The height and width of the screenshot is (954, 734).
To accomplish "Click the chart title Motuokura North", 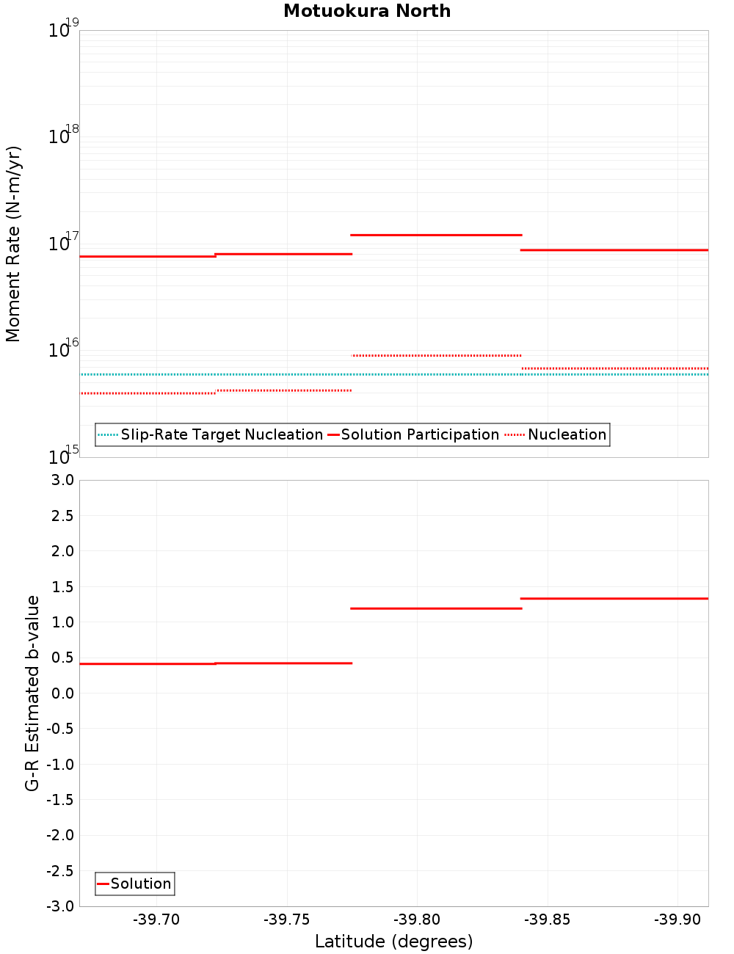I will tap(367, 11).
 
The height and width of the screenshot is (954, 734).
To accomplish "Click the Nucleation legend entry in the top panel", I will tap(557, 435).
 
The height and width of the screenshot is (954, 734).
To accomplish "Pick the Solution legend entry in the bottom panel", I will tap(135, 884).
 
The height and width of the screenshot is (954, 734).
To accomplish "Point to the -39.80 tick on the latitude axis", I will tap(417, 920).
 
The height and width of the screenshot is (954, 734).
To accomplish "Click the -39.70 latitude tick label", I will tap(156, 920).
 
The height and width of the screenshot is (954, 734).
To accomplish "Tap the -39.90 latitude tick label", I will tap(677, 920).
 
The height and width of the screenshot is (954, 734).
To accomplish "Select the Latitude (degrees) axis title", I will tap(393, 942).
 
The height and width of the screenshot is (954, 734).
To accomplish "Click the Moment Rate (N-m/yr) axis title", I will tap(13, 244).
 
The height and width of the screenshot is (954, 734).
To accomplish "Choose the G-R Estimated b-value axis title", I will tap(32, 693).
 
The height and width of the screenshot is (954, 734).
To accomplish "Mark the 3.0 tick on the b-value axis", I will tap(62, 481).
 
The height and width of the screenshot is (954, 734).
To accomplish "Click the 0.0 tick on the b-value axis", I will tap(62, 693).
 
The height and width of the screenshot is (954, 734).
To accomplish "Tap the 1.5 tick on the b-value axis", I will tap(62, 587).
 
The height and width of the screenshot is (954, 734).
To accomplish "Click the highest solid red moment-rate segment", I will tap(436, 235).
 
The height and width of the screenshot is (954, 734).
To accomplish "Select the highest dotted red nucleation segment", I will tap(437, 355).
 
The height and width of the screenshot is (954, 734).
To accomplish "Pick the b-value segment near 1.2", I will tap(436, 608).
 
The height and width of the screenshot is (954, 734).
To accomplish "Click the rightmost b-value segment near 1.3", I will tap(614, 599).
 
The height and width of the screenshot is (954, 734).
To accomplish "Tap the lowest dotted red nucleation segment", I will tap(148, 393).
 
